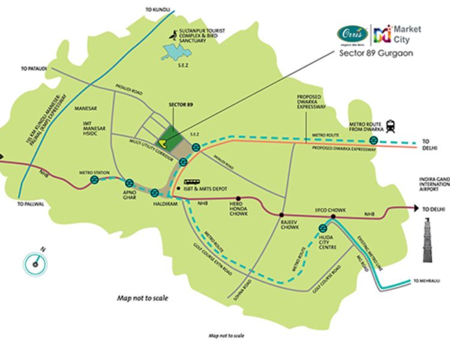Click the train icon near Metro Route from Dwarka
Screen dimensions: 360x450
point(391,126)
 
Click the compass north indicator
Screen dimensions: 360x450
point(37,261)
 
